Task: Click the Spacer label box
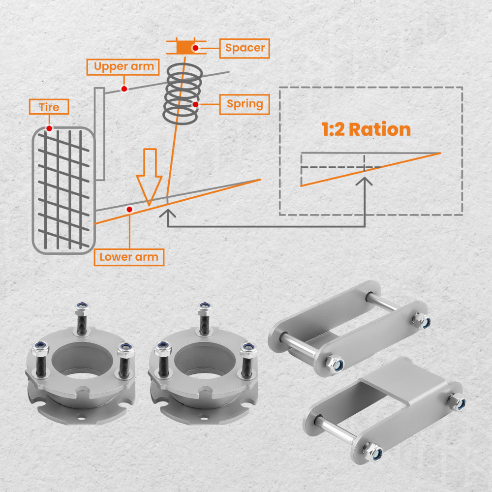click(x=245, y=48)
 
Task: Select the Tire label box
click(x=49, y=107)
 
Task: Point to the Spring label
click(x=245, y=104)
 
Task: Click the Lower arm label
click(x=129, y=257)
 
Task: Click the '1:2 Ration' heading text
click(x=366, y=129)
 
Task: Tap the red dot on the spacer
click(x=195, y=48)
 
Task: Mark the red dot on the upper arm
click(x=124, y=89)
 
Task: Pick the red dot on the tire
click(x=49, y=128)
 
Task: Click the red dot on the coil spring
click(x=195, y=104)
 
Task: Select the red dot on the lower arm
click(x=129, y=209)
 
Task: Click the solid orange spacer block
click(x=185, y=47)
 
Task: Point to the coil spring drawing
click(x=183, y=94)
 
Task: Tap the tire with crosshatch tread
click(x=63, y=190)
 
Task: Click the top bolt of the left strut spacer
click(x=82, y=317)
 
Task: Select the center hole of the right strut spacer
click(x=205, y=359)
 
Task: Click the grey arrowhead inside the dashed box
click(x=364, y=181)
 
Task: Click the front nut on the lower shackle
click(x=373, y=452)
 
